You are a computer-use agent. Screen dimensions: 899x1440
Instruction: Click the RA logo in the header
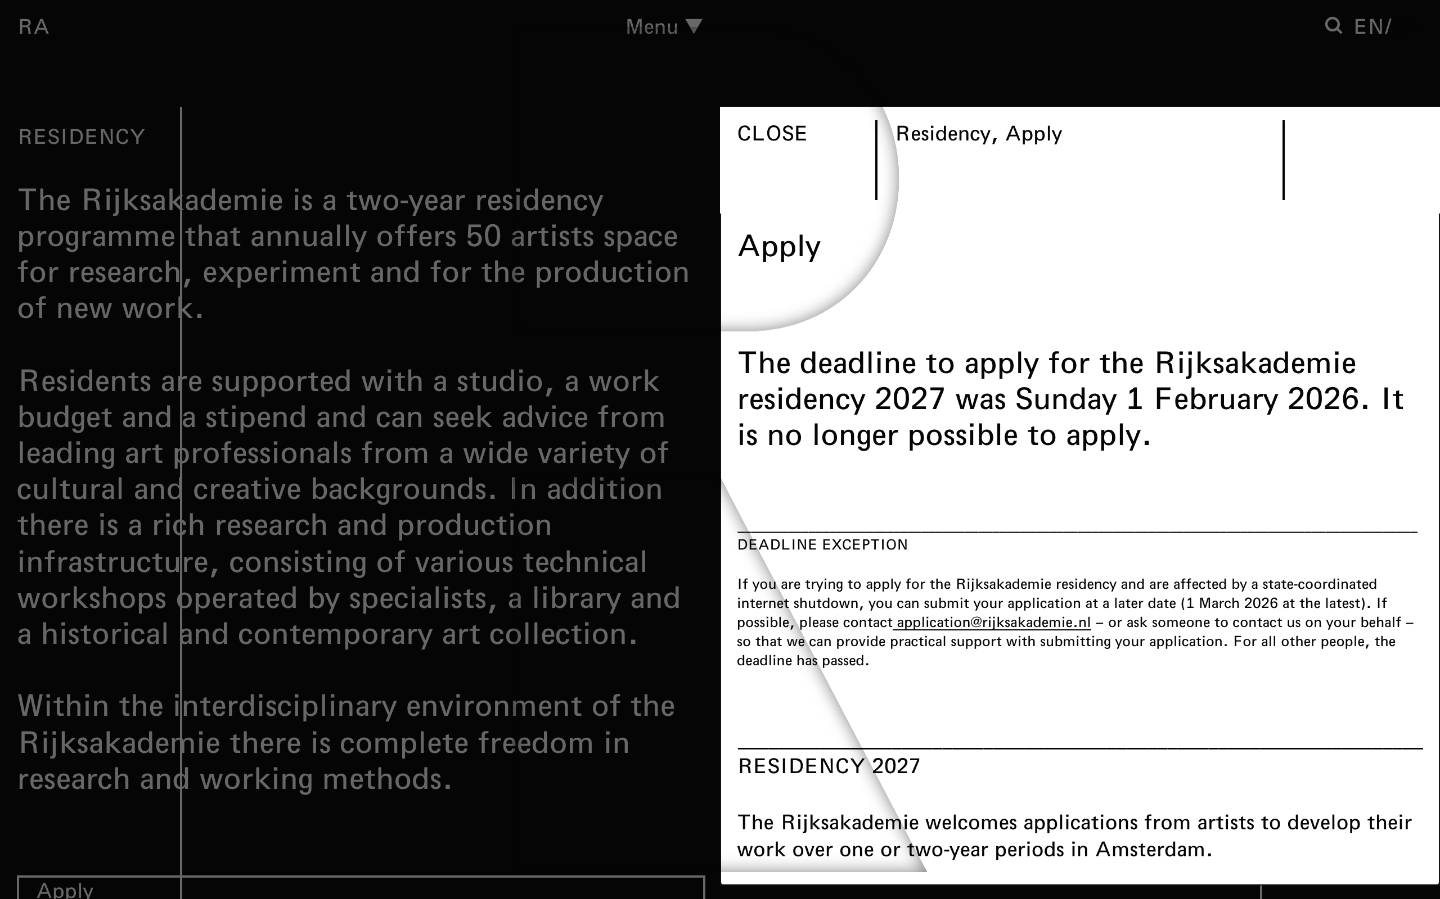point(33,27)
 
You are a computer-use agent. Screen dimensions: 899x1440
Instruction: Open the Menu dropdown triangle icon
point(694,26)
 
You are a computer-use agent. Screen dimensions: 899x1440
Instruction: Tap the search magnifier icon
point(1333,26)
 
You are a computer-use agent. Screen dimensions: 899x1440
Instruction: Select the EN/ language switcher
point(1372,27)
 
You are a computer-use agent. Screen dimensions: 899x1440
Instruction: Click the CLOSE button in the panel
point(772,134)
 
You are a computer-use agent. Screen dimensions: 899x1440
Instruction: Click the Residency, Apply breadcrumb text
point(979,134)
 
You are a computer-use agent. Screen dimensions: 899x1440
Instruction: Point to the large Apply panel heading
point(779,246)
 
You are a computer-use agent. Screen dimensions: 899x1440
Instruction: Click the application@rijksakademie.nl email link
point(992,623)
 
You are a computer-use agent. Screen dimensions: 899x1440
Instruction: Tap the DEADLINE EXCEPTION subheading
point(822,544)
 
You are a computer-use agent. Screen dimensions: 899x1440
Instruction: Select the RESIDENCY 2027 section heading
point(829,766)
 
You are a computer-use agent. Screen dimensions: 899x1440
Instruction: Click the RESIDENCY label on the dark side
point(82,137)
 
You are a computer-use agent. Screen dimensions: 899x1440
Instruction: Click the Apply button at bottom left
point(65,889)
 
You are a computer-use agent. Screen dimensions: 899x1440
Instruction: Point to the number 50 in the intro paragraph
point(483,237)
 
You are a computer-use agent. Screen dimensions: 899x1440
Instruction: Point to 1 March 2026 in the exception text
point(1231,603)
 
